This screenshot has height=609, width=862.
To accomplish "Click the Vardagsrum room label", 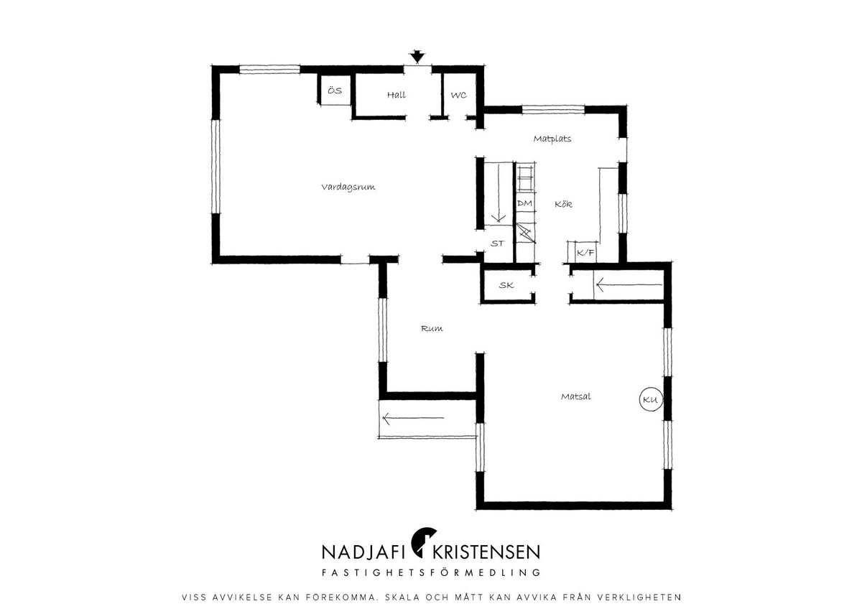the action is click(x=348, y=187).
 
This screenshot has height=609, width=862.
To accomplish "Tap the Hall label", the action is click(x=397, y=95).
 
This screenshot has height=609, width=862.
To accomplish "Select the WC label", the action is click(x=459, y=95).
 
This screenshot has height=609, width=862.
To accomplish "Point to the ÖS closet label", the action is click(x=335, y=90).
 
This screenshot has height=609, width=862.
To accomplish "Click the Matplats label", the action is click(x=552, y=139).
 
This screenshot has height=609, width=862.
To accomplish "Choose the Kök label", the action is click(x=563, y=204).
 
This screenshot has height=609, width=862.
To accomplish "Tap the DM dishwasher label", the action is click(x=524, y=203).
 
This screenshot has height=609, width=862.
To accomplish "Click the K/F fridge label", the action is click(x=585, y=253).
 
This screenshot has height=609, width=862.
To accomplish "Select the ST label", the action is click(x=497, y=243).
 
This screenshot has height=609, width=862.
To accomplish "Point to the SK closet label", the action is click(x=506, y=285).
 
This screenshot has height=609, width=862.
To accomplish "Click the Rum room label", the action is click(x=432, y=328).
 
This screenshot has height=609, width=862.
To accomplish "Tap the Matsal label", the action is click(x=575, y=396).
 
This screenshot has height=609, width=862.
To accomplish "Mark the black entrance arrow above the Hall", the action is click(x=417, y=57).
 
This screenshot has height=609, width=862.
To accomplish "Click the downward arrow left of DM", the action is click(x=499, y=192).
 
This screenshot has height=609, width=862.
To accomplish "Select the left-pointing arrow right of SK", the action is click(x=629, y=285).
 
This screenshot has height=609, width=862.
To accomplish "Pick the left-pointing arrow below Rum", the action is click(x=413, y=418).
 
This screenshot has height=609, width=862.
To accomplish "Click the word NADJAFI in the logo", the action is click(x=363, y=552).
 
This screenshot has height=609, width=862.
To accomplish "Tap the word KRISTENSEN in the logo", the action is click(x=486, y=552).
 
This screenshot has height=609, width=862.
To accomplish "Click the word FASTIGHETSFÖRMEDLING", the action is click(x=431, y=572).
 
